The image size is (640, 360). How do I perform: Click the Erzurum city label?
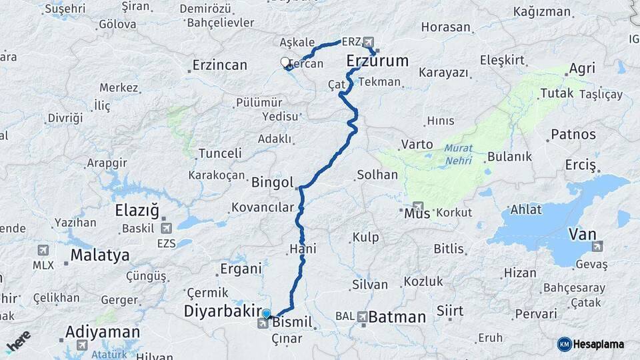point(377,61)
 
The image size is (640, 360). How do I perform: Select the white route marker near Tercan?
point(285,62)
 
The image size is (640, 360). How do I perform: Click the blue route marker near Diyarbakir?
point(267,313)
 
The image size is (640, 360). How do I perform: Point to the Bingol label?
point(273,182)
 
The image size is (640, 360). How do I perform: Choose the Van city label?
point(582,234)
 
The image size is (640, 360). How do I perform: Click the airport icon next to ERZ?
point(369,41)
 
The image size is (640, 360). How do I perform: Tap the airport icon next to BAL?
point(362,317)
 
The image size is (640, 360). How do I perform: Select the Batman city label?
point(397,317)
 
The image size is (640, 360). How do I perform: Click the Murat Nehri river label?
point(458,155)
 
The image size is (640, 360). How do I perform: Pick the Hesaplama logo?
point(591,344)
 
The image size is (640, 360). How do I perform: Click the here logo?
point(18,341)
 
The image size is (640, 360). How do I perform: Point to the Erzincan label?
point(219,65)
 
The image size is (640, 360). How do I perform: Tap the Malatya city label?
point(100,255)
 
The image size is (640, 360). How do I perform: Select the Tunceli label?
point(220,153)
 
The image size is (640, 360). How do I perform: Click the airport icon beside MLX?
point(43,250)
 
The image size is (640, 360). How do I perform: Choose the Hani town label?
point(303,249)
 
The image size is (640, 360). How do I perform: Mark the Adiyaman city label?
point(103,332)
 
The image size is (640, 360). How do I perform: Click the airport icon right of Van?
point(597,247)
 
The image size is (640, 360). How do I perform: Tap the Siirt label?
point(450,311)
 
